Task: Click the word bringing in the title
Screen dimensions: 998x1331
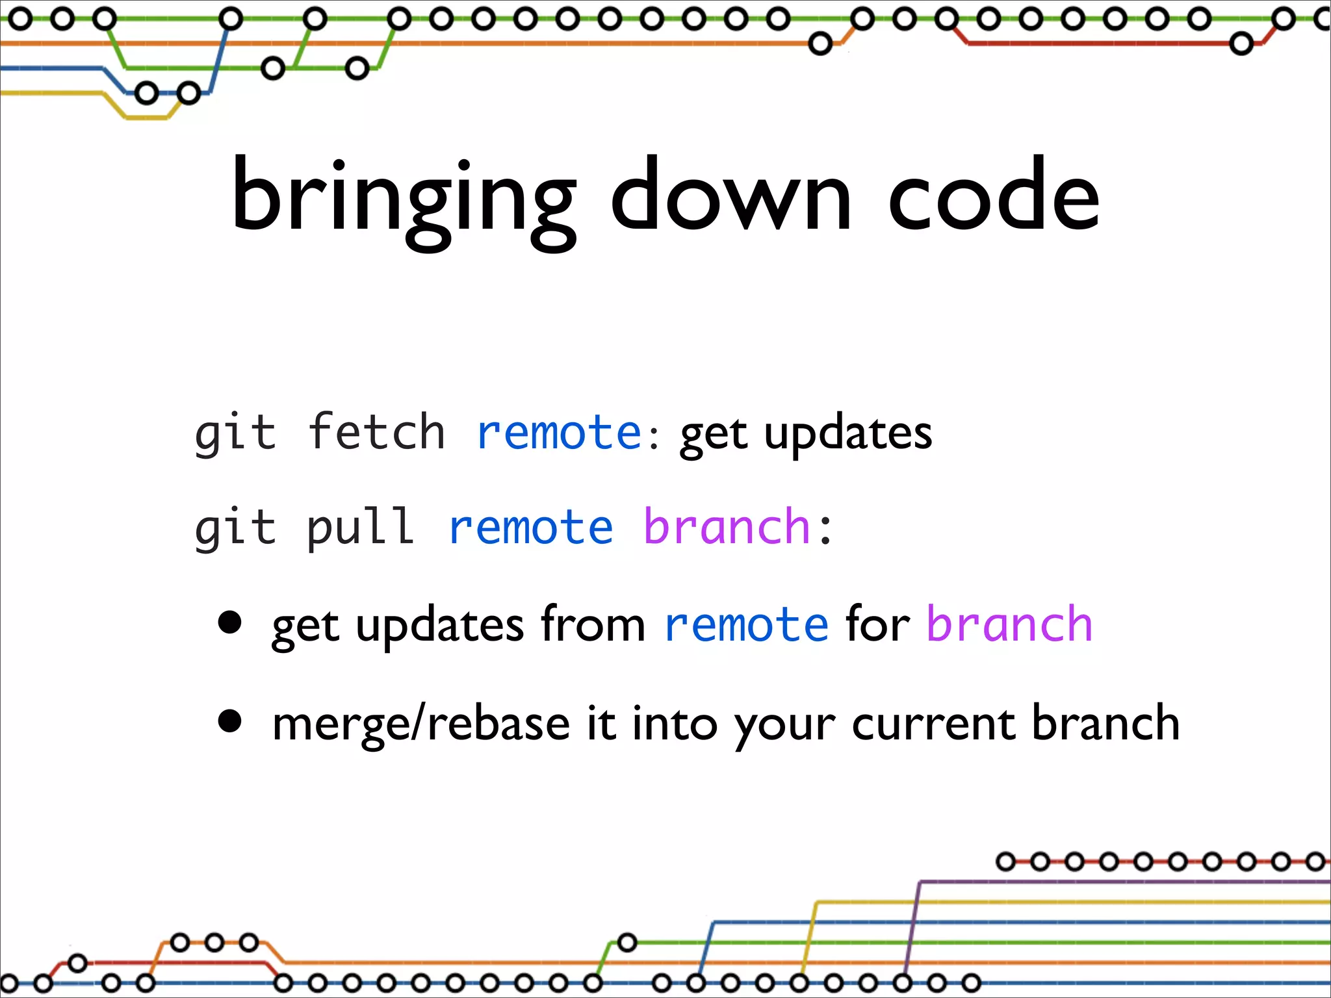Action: (403, 198)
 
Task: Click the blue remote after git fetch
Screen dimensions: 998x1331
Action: (559, 433)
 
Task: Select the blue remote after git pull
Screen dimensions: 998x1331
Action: (530, 527)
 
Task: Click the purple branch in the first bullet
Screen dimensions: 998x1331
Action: (1009, 624)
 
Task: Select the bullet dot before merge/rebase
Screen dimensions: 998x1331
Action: (230, 721)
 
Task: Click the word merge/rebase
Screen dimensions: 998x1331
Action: (421, 724)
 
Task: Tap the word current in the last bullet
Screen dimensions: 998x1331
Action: (933, 724)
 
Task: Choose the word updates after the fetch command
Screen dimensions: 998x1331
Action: (847, 434)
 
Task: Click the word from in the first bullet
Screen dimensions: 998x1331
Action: (593, 624)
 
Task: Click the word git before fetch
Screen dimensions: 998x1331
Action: (235, 433)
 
